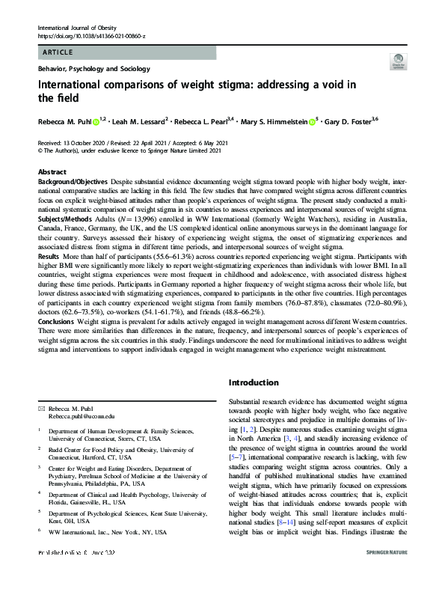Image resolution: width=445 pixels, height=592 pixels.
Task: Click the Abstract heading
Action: pos(52,172)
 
